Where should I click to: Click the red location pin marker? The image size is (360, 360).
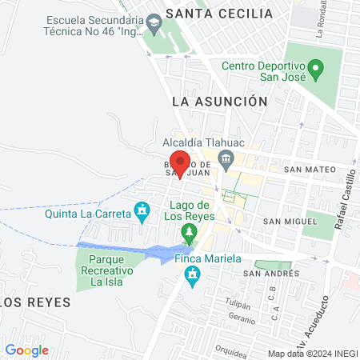(x=180, y=163)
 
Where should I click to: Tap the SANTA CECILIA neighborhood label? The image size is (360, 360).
(x=218, y=14)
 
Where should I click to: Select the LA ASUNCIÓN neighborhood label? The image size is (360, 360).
(x=219, y=102)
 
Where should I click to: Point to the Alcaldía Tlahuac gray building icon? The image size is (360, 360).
(x=226, y=157)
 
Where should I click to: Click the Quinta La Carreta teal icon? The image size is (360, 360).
(x=142, y=211)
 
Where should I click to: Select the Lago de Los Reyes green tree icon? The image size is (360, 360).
(x=189, y=233)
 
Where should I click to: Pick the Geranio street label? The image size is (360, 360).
(x=242, y=318)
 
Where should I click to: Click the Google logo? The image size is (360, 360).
(x=26, y=350)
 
